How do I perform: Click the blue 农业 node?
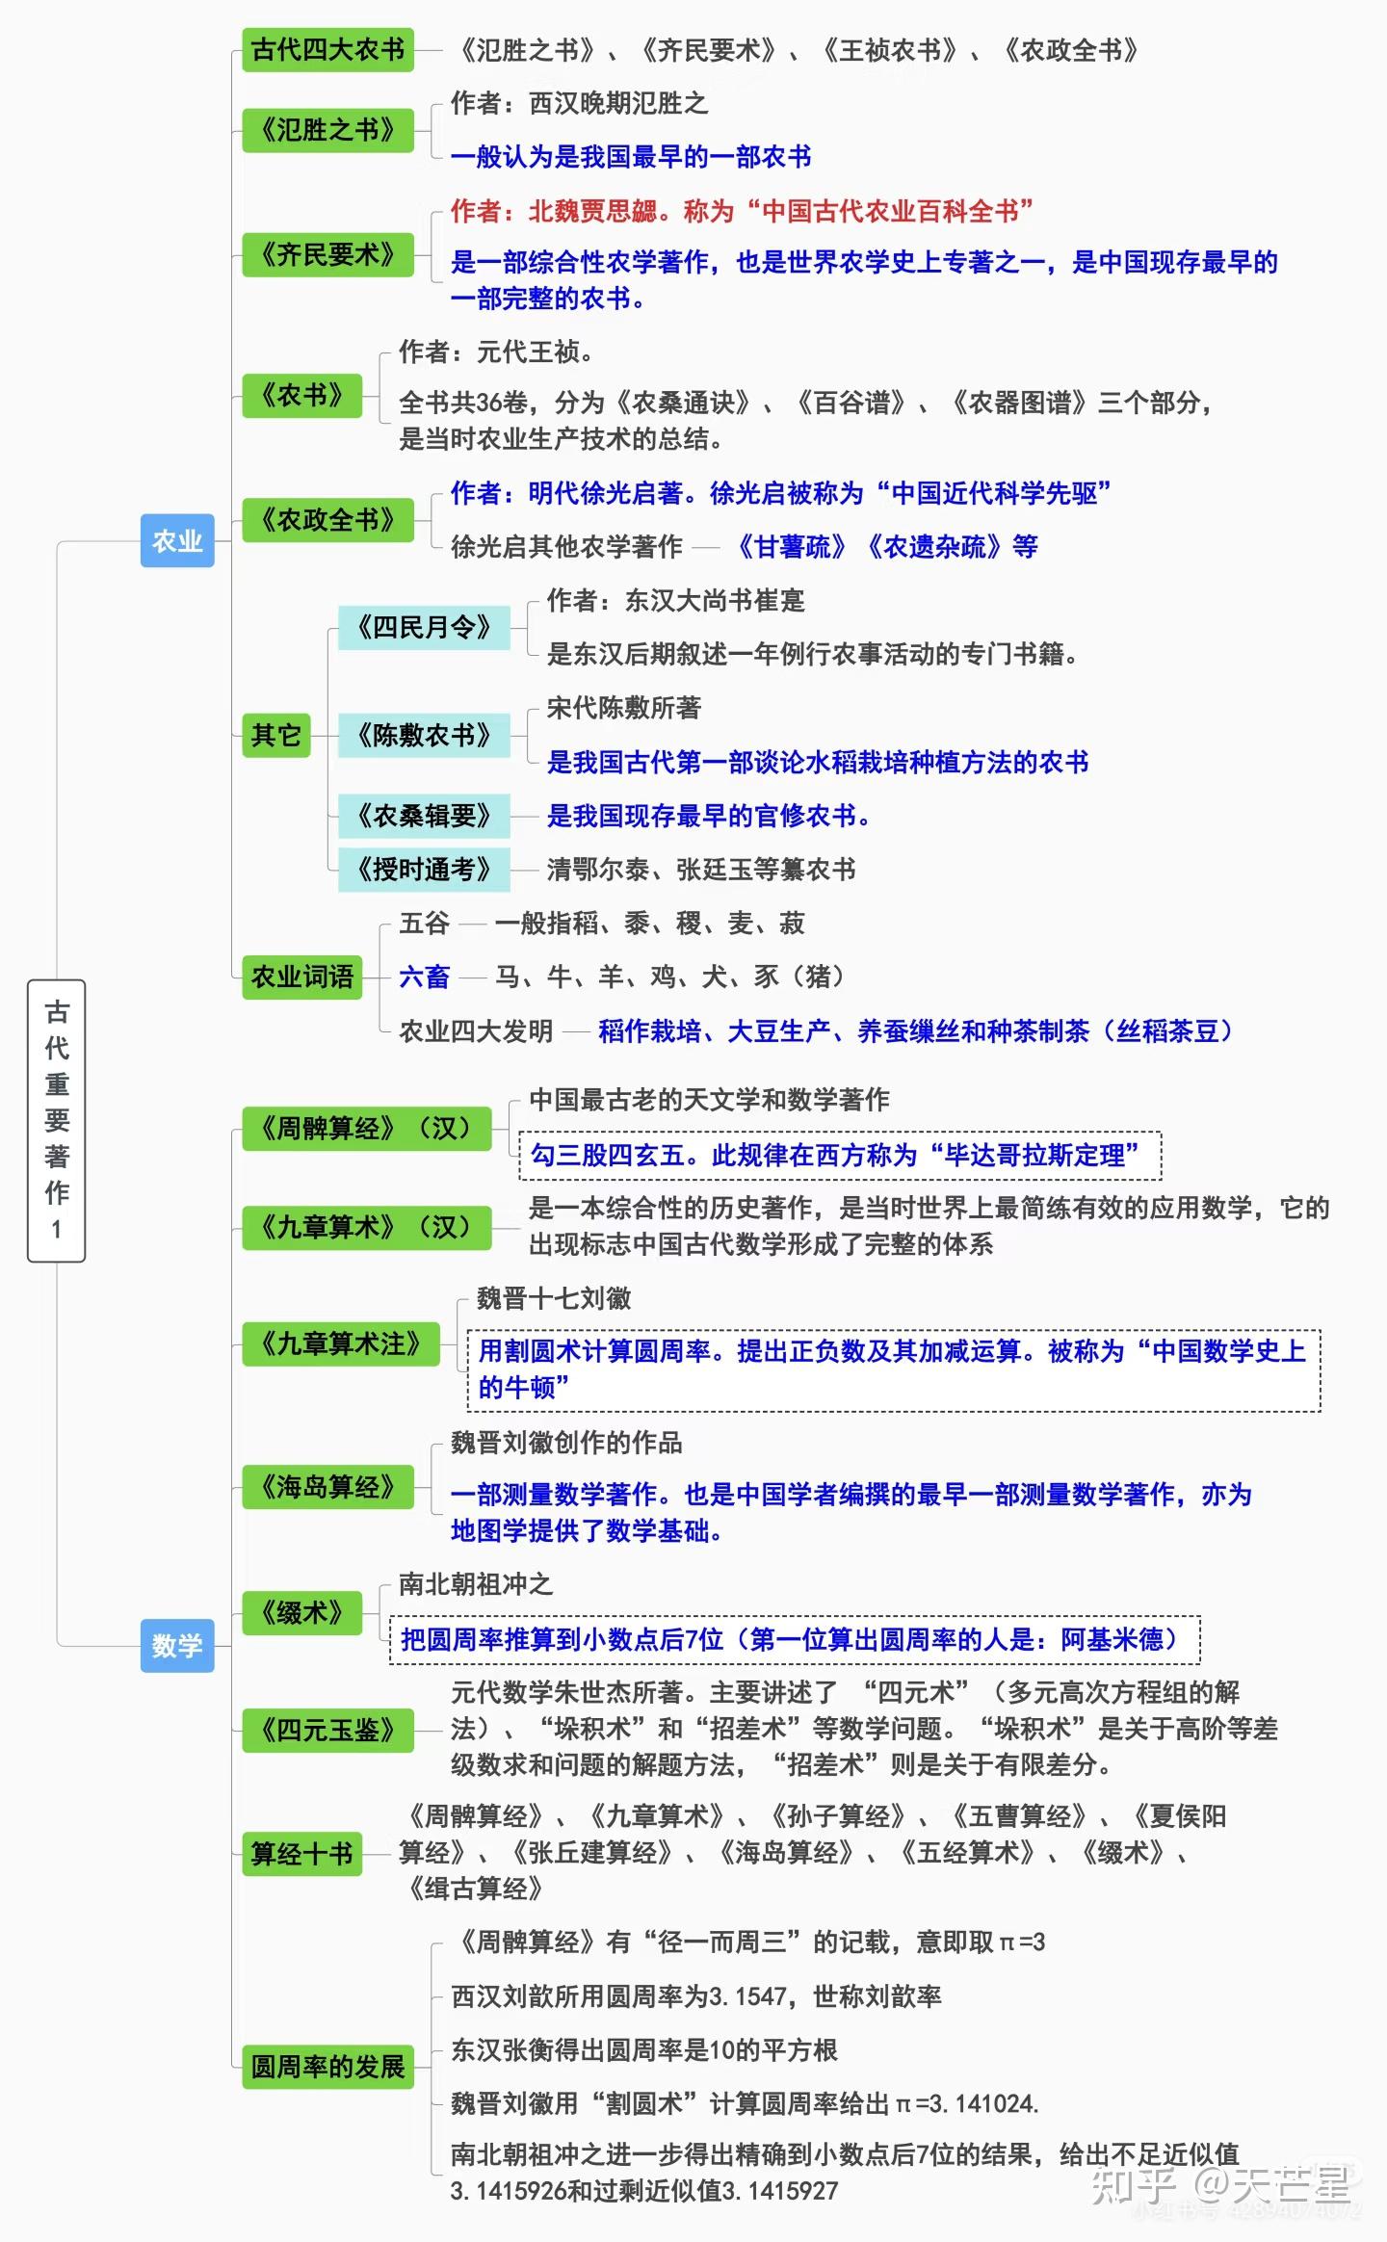pos(177,541)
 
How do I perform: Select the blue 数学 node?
pos(177,1645)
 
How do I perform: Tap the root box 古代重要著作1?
pos(57,1120)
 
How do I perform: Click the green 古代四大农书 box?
pos(327,50)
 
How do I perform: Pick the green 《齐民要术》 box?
pos(327,255)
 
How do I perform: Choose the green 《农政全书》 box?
pos(327,520)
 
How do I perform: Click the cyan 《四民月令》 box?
pos(424,628)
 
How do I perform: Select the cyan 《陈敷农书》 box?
pos(424,736)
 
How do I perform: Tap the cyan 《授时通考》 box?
pos(424,870)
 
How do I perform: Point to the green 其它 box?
pos(276,736)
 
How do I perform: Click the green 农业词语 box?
pos(301,978)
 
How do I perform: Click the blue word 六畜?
pos(425,978)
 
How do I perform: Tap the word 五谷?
pos(425,924)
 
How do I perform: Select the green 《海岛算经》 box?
pos(327,1487)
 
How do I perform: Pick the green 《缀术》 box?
pos(301,1612)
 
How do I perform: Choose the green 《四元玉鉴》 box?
pos(327,1731)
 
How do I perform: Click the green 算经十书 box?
pos(301,1853)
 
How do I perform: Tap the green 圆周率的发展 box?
pos(327,2067)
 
